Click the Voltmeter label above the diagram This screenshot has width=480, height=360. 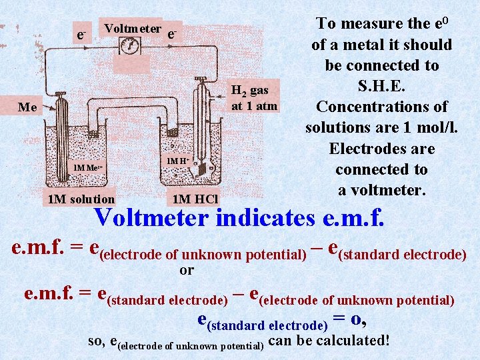pos(133,29)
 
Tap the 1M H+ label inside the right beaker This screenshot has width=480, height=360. pos(177,161)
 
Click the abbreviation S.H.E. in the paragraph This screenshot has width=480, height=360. pos(381,86)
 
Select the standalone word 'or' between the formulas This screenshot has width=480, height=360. pos(187,270)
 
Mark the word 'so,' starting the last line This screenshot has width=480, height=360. pos(97,341)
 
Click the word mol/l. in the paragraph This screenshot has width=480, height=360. pos(427,127)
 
